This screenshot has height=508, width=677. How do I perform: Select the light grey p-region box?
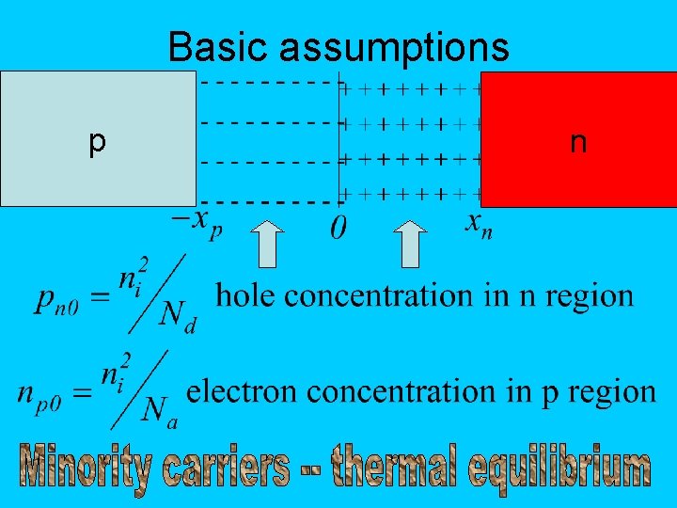tap(98, 137)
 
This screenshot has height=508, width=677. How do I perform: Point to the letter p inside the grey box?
tap(96, 141)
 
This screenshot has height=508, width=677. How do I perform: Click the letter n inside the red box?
tap(578, 142)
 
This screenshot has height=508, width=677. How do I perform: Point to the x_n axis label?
tap(479, 224)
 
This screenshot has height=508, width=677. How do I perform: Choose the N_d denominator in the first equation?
tap(177, 316)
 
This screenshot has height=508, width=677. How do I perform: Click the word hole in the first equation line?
tap(247, 295)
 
